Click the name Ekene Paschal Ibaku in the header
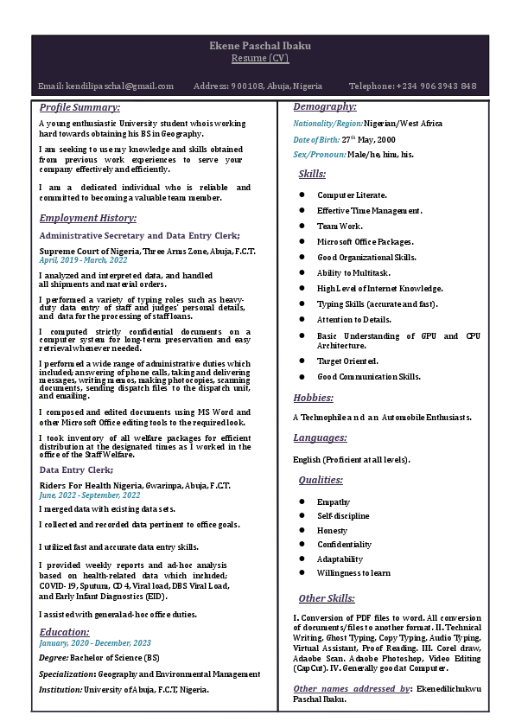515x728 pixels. (x=259, y=45)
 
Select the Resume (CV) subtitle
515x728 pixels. (x=259, y=58)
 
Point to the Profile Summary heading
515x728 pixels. (x=79, y=107)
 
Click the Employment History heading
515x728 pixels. (x=87, y=218)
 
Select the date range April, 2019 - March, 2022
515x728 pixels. (x=83, y=259)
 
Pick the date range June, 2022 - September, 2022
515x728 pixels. (x=90, y=495)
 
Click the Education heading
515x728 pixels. (x=65, y=632)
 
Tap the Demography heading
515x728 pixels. (x=325, y=106)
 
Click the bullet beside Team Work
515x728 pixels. (x=302, y=227)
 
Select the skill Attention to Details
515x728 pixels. (x=353, y=320)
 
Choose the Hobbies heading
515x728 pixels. (x=313, y=398)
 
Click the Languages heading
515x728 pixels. (x=320, y=437)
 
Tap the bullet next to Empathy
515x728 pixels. (x=302, y=501)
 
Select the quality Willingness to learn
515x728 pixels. (x=353, y=572)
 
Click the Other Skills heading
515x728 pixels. (x=327, y=598)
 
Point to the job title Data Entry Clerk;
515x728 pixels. (x=76, y=469)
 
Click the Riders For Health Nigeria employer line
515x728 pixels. (x=135, y=486)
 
